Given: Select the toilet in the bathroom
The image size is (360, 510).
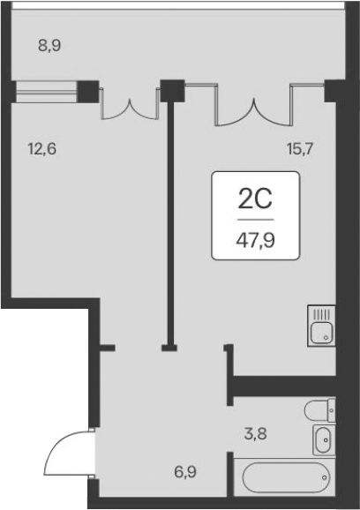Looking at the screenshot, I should [x=319, y=409].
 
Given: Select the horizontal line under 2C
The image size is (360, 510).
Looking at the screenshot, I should [x=255, y=218].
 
